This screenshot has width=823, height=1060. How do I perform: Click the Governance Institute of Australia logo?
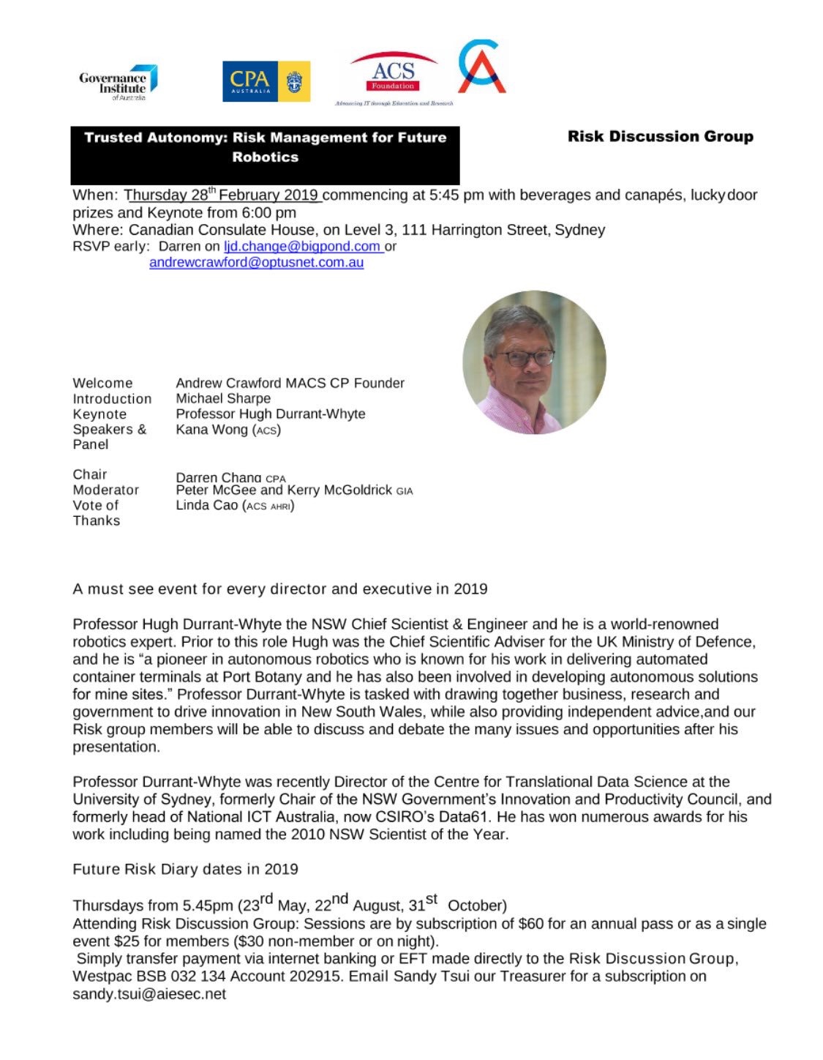pyautogui.click(x=118, y=83)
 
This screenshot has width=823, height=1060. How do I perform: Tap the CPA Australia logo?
pyautogui.click(x=266, y=81)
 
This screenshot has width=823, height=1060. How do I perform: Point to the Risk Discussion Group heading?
pyautogui.click(x=660, y=136)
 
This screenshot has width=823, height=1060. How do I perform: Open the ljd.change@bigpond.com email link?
pyautogui.click(x=302, y=247)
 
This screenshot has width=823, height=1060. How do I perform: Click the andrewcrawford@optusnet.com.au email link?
pyautogui.click(x=256, y=263)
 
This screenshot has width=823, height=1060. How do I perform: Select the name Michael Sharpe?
pyautogui.click(x=223, y=398)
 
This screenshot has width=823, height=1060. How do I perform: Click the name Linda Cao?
pyautogui.click(x=207, y=505)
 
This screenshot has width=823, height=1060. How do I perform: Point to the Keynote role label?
pyautogui.click(x=99, y=414)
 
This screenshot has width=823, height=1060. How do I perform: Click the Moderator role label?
pyautogui.click(x=105, y=490)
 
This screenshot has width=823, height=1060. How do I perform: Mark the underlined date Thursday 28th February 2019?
pyautogui.click(x=222, y=195)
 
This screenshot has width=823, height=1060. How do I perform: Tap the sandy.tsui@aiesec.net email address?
pyautogui.click(x=149, y=994)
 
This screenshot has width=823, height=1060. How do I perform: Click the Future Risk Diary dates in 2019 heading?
pyautogui.click(x=185, y=869)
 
